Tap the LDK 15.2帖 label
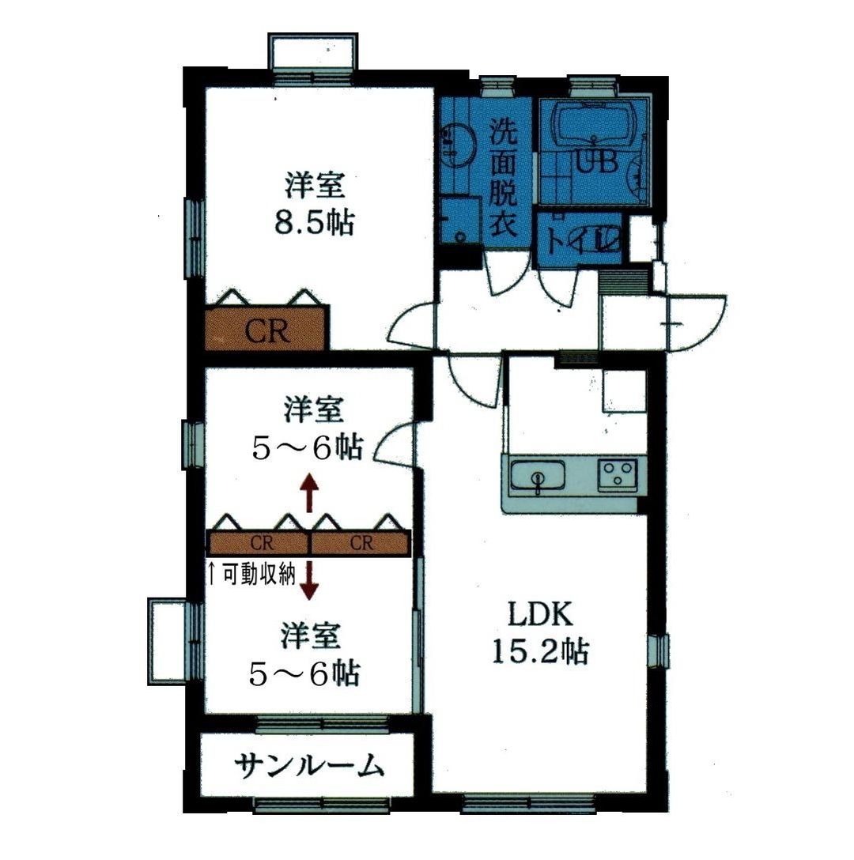[539, 632]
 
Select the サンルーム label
[310, 766]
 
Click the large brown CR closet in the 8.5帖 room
[266, 330]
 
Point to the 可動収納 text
[251, 574]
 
